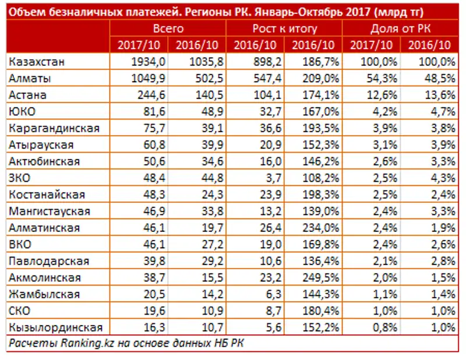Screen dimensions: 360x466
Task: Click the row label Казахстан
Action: click(x=37, y=61)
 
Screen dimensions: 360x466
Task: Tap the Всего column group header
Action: click(x=168, y=29)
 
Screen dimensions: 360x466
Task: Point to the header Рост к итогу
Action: click(x=284, y=29)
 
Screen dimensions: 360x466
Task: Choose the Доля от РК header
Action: click(x=401, y=29)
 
